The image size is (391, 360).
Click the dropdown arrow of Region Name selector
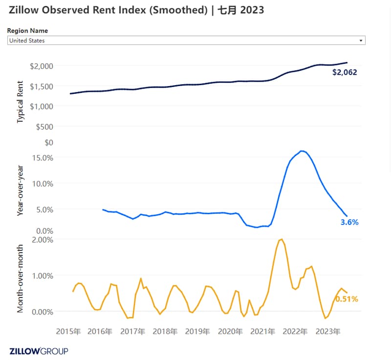(361, 41)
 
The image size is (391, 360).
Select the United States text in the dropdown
(27, 41)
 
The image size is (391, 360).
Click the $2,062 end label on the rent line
(345, 72)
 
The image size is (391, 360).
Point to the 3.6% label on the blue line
(349, 222)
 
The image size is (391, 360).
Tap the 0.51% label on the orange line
(347, 299)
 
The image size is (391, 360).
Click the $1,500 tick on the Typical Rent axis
(42, 87)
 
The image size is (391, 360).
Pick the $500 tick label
(44, 127)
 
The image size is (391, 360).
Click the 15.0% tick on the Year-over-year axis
(43, 157)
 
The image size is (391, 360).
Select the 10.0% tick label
(43, 184)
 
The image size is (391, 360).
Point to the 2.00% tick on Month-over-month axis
(43, 240)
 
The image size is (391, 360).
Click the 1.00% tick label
(43, 276)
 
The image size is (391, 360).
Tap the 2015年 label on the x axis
(68, 331)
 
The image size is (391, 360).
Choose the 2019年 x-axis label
(197, 331)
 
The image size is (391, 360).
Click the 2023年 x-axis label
(328, 331)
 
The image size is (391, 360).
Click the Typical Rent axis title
(20, 102)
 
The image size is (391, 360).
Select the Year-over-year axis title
(20, 190)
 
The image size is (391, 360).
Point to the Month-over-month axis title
(20, 278)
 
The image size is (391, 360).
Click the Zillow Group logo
(39, 351)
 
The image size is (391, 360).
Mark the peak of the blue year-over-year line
(302, 151)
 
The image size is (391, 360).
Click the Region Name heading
(27, 31)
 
